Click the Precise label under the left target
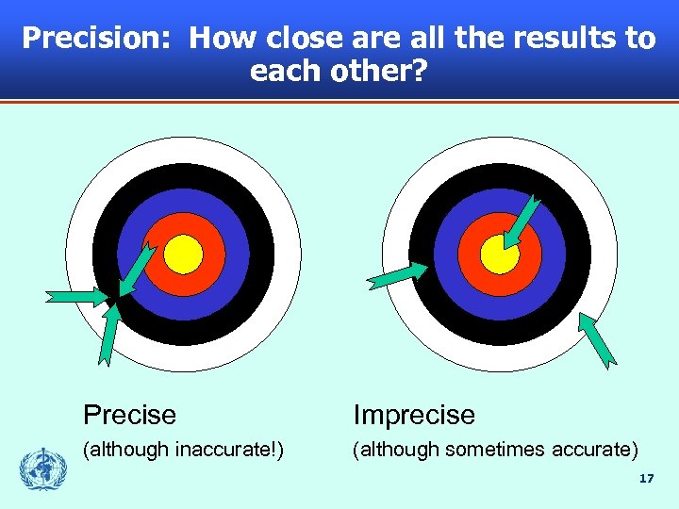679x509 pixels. (x=129, y=415)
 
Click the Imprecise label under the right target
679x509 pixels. (x=414, y=415)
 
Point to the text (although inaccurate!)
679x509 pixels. (x=184, y=450)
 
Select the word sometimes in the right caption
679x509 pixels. (x=482, y=450)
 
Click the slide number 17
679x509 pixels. (x=645, y=479)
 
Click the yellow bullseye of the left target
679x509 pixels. (x=184, y=253)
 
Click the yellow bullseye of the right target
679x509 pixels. (x=499, y=253)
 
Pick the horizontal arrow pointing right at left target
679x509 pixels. (x=79, y=297)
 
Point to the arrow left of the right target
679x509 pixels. (x=396, y=275)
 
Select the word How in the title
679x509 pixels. (x=223, y=40)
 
